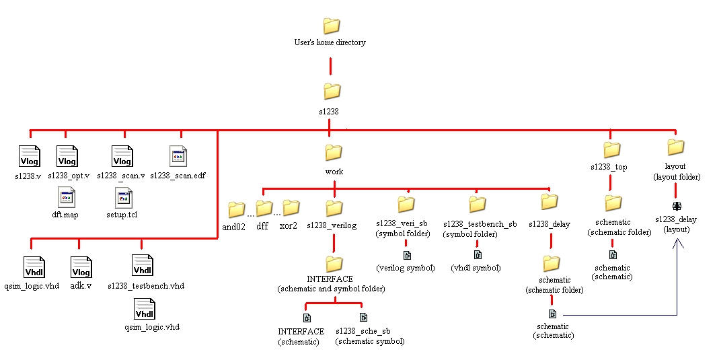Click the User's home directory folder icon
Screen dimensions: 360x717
pos(331,26)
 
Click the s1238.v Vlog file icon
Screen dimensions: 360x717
pos(29,156)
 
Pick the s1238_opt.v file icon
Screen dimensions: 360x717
pos(67,156)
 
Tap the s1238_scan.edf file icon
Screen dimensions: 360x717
pos(178,156)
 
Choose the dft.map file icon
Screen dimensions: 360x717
pos(67,197)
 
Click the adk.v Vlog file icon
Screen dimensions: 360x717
pos(81,267)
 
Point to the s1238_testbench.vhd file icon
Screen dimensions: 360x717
pos(143,265)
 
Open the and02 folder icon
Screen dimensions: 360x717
pos(236,209)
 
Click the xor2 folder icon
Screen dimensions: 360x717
pos(291,207)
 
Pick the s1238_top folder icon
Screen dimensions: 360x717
pos(611,149)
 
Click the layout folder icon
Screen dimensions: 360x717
pos(675,147)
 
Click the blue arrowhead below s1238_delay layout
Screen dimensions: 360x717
pos(677,246)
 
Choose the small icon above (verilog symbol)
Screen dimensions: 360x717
pos(406,255)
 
